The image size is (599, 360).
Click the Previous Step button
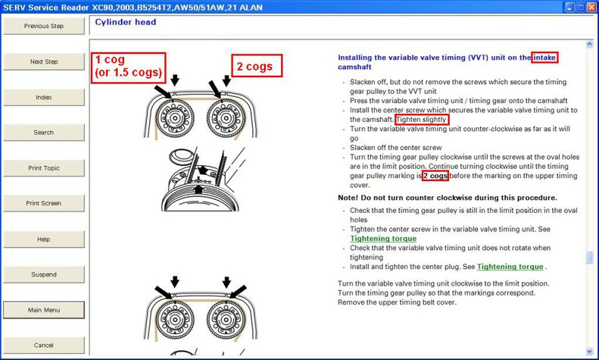click(44, 26)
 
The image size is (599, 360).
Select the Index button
click(44, 97)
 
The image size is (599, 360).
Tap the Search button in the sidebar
click(44, 132)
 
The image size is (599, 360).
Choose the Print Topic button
click(44, 167)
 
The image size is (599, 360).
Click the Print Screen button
click(44, 203)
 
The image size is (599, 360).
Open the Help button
click(44, 239)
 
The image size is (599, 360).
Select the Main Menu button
click(44, 310)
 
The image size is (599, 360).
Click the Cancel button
click(44, 345)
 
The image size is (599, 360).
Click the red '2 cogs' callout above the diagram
click(257, 66)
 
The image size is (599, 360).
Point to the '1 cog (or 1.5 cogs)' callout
click(129, 67)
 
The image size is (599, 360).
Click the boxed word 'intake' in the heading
click(544, 58)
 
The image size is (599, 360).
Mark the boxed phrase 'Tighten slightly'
click(421, 120)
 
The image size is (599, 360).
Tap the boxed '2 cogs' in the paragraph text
click(435, 176)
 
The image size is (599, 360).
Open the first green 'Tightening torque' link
click(383, 239)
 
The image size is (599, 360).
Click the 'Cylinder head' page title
click(126, 22)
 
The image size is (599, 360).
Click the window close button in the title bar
click(591, 8)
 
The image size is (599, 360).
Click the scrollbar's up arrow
click(589, 44)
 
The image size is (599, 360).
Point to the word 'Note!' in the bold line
click(348, 198)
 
